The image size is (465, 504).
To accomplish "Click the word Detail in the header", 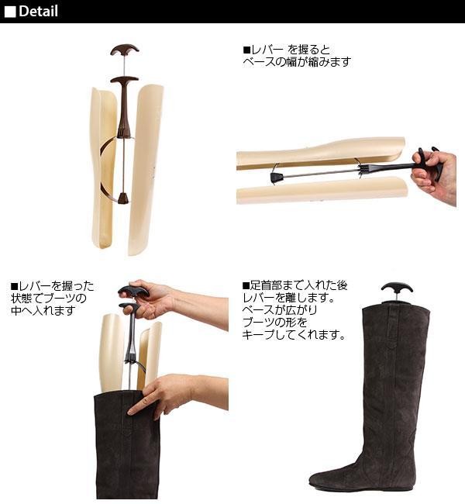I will click(38, 12).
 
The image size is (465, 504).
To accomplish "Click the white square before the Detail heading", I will click(10, 12).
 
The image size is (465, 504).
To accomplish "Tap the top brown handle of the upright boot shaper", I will click(124, 51).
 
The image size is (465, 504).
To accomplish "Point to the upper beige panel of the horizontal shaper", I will click(325, 152).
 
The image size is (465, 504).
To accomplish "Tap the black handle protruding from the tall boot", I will click(396, 289).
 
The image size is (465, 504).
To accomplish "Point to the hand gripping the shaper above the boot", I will click(155, 299).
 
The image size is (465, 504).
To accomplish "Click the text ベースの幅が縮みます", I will click(297, 62).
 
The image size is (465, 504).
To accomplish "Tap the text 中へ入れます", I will click(43, 311).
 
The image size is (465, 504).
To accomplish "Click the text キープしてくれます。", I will click(294, 336).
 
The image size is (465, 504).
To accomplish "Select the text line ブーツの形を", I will click(274, 323).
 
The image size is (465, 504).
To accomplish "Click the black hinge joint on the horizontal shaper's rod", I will click(275, 178).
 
